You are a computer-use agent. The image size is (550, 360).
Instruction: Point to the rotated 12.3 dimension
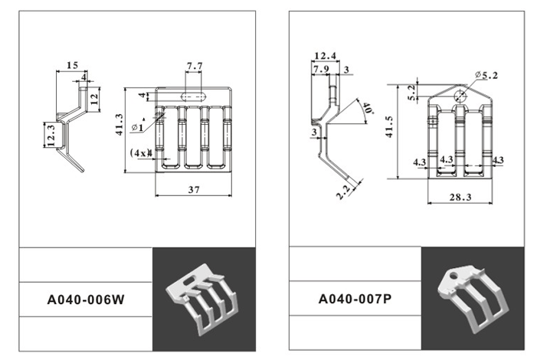(50, 135)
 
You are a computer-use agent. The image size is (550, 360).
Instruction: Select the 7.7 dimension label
(194, 67)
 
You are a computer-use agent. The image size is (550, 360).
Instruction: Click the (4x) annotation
(139, 152)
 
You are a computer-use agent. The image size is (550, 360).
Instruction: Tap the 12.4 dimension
(325, 55)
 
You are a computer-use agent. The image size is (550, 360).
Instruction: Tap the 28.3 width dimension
(460, 198)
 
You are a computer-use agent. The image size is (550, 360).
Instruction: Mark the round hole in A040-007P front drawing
(458, 96)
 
